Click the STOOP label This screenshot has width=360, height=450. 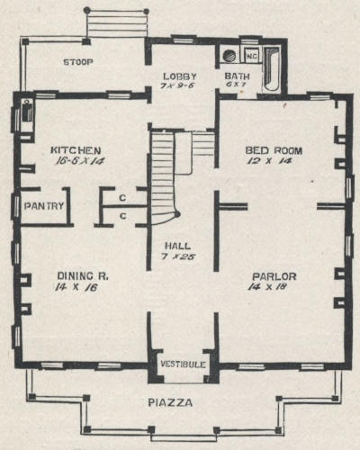pos(78,62)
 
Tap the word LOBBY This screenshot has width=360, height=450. pos(180,76)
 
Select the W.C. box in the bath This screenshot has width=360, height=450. pos(251,56)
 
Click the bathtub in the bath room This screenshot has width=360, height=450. pos(272,69)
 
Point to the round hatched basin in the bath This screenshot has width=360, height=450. pos(229,56)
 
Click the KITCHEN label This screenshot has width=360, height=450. pos(76,150)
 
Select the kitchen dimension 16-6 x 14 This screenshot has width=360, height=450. pos(79,161)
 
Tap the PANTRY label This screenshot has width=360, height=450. pos(44,206)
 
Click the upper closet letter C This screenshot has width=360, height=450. pos(122,198)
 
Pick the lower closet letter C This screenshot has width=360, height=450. pos(123,216)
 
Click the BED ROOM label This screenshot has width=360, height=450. pos(274,150)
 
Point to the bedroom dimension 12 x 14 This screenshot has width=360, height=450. pos(269,161)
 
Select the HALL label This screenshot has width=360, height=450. pos(178,246)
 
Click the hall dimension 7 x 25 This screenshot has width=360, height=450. pos(178,256)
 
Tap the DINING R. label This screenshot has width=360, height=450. pos(83,275)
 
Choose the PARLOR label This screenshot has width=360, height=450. pos(274,276)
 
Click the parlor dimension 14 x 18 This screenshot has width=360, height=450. pos(267,286)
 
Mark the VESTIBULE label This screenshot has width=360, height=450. pos(183,364)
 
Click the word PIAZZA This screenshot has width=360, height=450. pos(170,402)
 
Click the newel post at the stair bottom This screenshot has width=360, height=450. pos(177,214)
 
